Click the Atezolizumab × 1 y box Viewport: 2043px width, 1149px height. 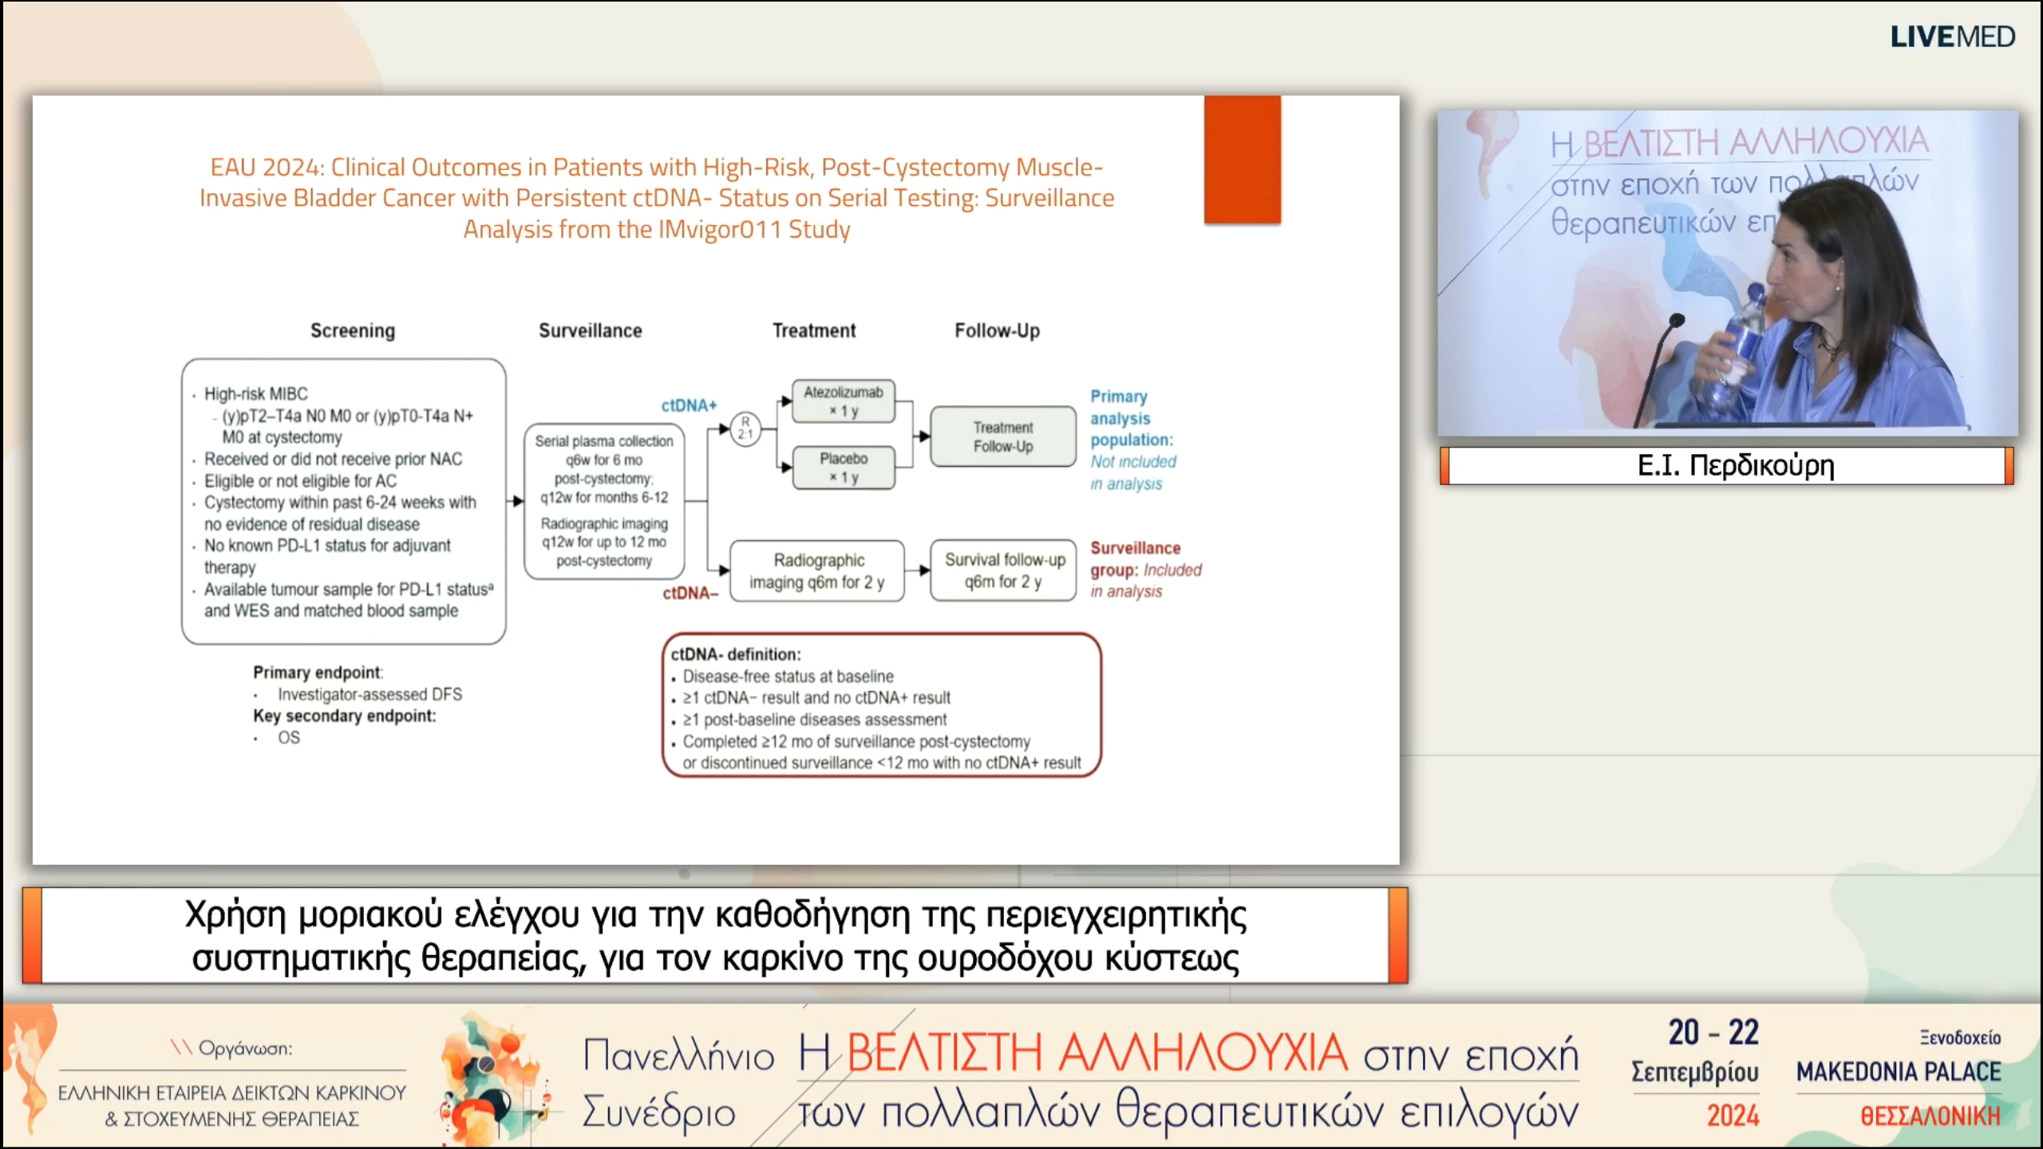[843, 401]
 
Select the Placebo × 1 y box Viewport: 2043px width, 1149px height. [843, 467]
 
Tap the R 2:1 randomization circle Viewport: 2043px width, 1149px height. [745, 428]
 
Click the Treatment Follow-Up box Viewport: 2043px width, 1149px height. [1002, 436]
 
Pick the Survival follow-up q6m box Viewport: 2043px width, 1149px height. [1003, 570]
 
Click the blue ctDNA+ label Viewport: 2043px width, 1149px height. [689, 405]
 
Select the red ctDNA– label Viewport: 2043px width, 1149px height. [690, 593]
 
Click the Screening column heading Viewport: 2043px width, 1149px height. [352, 330]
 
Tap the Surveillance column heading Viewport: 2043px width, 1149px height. [590, 330]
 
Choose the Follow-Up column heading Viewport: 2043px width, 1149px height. [997, 330]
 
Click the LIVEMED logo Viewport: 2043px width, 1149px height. [1952, 37]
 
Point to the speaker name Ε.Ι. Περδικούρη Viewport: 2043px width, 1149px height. [1735, 465]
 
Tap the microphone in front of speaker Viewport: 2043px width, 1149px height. [1676, 321]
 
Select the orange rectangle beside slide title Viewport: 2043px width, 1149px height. [1242, 159]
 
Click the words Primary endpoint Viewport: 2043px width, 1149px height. [317, 672]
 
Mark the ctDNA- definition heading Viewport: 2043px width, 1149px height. [735, 654]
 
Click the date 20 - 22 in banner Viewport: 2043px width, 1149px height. [1713, 1033]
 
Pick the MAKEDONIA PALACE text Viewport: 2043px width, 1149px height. [1898, 1072]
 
